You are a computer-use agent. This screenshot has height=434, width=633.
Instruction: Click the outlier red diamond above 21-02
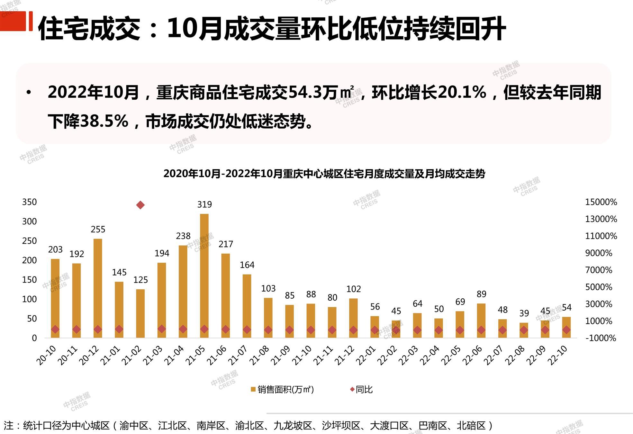(x=140, y=205)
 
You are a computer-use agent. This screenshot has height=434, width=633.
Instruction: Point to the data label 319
(x=204, y=204)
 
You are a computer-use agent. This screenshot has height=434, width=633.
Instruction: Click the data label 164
(x=247, y=265)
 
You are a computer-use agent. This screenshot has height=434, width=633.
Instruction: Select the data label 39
(x=524, y=313)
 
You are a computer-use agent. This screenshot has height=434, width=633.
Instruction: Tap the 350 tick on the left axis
(x=29, y=202)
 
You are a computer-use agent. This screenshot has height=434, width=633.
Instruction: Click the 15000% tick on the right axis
(x=601, y=202)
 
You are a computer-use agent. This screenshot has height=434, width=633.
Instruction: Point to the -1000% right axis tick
(x=601, y=338)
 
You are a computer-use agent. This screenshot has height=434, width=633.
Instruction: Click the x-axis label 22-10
(x=558, y=355)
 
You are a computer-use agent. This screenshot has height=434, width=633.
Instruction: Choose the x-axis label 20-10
(x=46, y=355)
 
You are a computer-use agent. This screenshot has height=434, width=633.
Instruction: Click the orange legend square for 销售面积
(x=253, y=390)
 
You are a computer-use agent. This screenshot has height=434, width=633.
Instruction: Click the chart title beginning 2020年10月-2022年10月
(x=324, y=174)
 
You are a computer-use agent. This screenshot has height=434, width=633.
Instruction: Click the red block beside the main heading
(x=13, y=21)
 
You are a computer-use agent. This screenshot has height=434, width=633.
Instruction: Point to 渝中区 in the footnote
(x=134, y=426)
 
